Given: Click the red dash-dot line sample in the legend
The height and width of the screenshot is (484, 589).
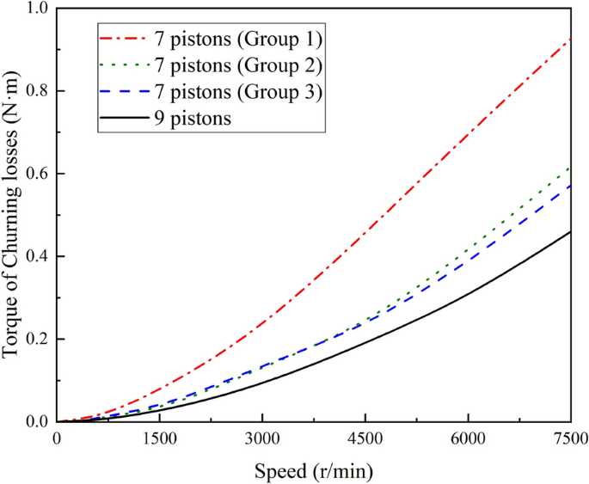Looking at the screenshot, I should point(121,39).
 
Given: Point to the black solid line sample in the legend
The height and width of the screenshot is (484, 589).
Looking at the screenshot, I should point(121,119).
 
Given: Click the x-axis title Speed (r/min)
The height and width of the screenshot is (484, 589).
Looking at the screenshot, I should point(314,470).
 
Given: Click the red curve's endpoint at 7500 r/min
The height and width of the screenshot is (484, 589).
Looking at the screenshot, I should point(570,40).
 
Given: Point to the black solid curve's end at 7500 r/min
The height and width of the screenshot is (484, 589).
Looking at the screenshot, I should point(570,231).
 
